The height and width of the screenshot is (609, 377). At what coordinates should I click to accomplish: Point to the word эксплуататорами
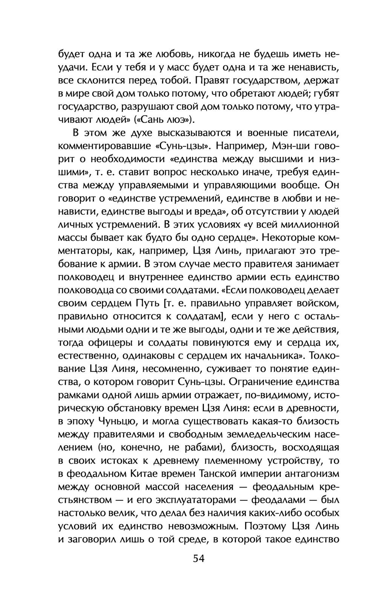(x=192, y=500)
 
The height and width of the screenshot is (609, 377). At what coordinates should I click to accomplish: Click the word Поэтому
(x=266, y=526)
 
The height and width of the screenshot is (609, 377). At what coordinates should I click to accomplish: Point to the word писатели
(x=311, y=133)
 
